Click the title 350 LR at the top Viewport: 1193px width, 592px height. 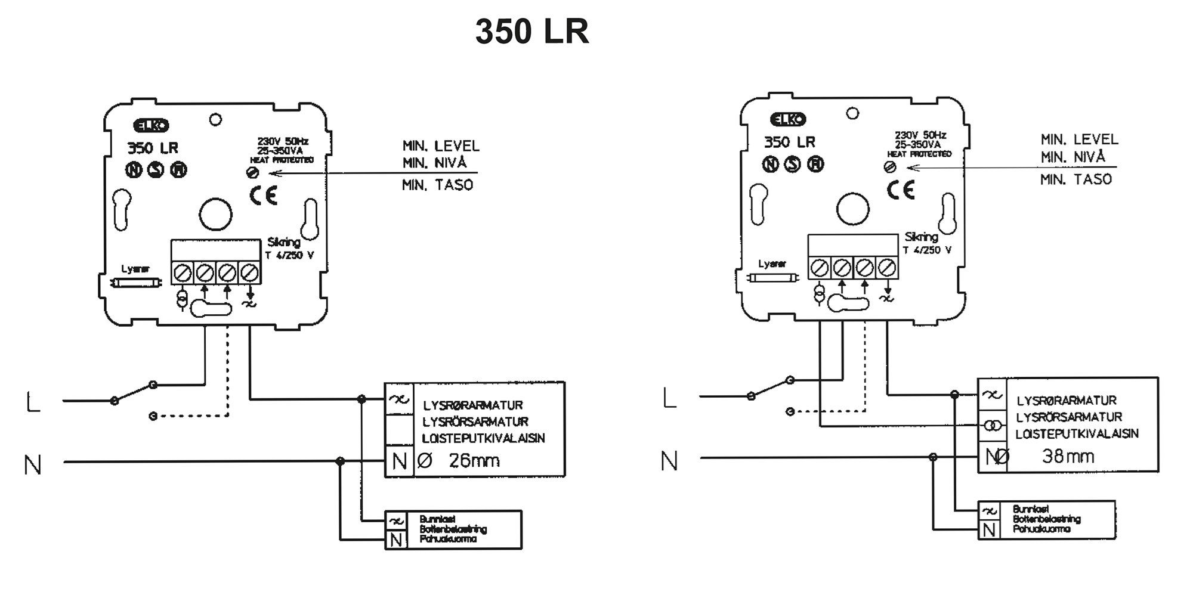click(531, 32)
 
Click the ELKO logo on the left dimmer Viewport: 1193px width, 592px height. click(151, 126)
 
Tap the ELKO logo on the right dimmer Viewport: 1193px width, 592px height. click(788, 120)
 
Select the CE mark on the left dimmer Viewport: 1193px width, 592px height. click(263, 196)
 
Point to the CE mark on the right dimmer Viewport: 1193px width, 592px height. click(900, 190)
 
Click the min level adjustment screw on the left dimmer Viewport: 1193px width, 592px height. click(252, 173)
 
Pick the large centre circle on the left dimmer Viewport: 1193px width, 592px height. click(215, 214)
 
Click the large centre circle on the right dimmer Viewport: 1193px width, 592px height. click(852, 209)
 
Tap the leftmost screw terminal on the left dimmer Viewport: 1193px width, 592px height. click(183, 273)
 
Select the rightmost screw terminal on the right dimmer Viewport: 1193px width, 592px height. click(887, 268)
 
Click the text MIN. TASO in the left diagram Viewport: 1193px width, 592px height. click(437, 185)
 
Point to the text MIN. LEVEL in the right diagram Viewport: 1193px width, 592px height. click(1079, 140)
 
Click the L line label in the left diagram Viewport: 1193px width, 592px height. click(33, 402)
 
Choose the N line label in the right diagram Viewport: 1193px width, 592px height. click(669, 461)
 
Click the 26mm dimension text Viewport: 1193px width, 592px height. click(474, 461)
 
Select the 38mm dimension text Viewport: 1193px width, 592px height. click(1068, 457)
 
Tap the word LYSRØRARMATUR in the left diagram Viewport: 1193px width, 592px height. click(473, 405)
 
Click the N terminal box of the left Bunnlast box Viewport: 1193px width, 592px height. click(395, 540)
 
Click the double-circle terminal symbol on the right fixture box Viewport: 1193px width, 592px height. click(992, 426)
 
